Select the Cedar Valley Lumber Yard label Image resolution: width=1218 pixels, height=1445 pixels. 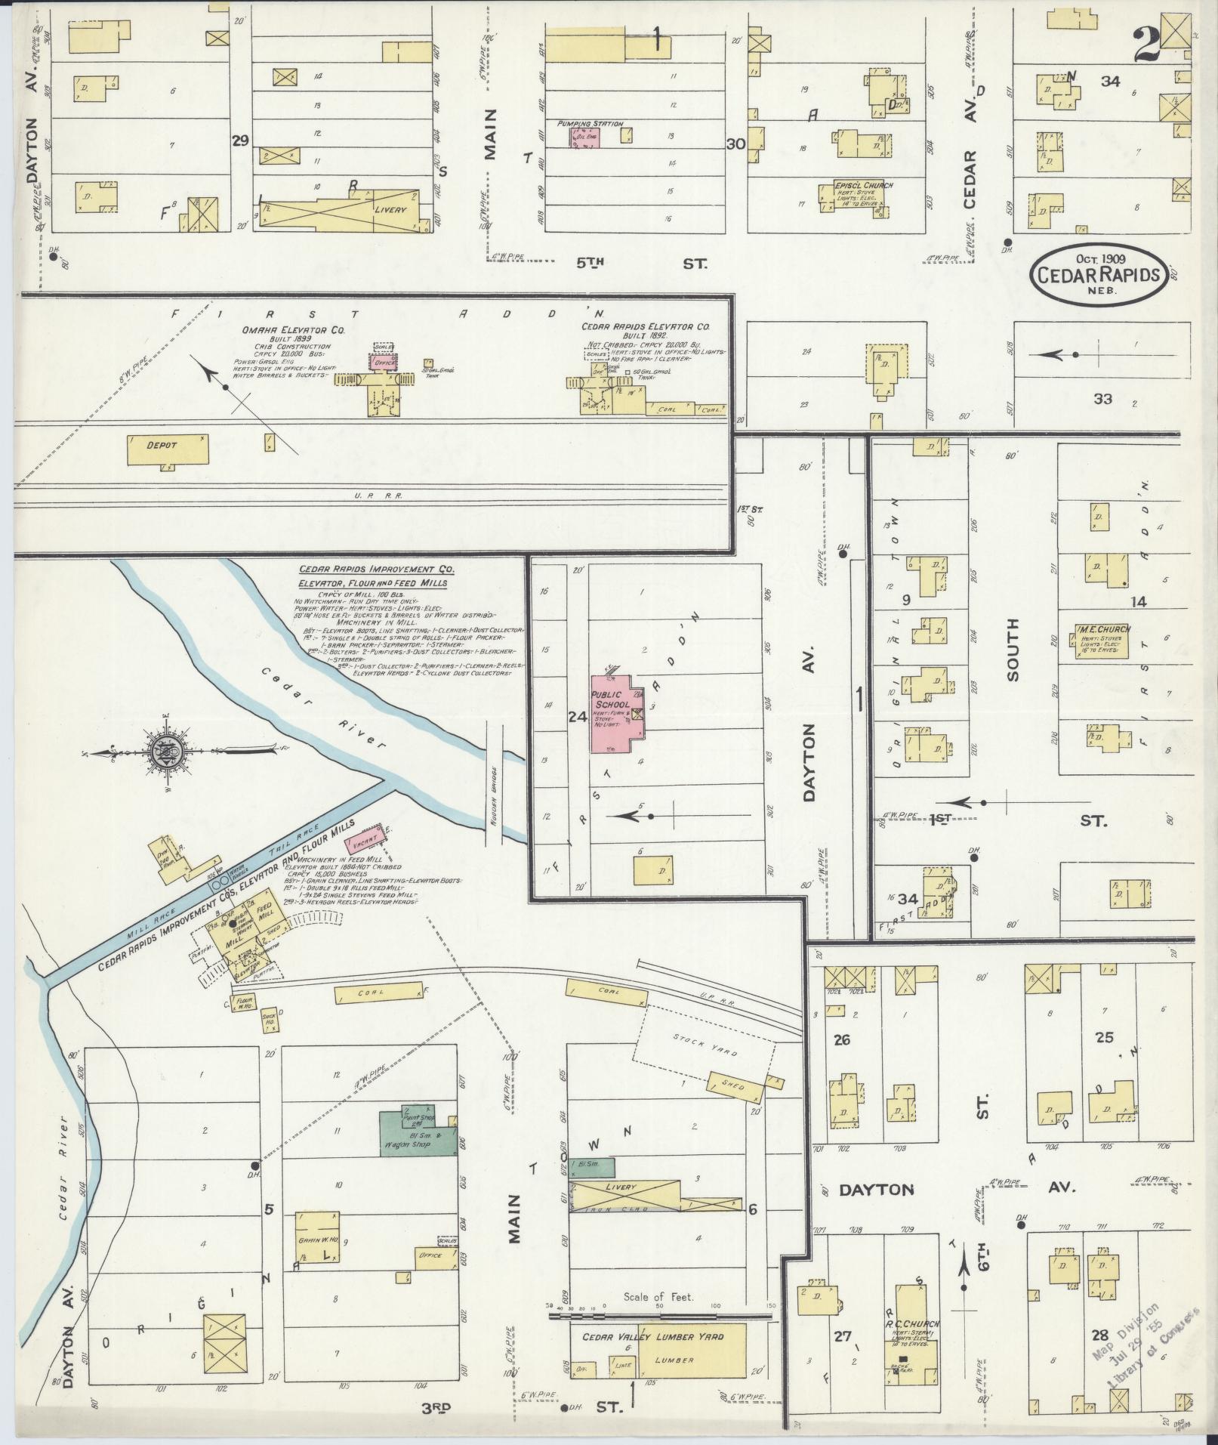click(652, 1336)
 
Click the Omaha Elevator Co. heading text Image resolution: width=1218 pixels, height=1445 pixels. click(284, 330)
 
